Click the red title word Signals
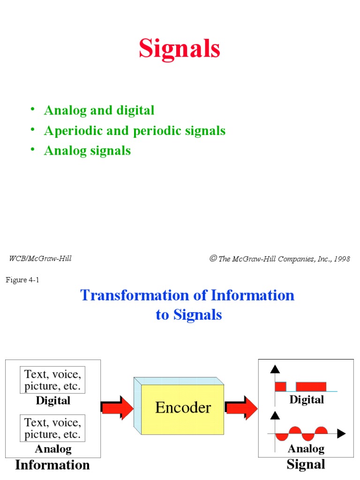tap(180, 49)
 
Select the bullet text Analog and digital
tap(99, 111)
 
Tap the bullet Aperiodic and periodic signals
tap(135, 131)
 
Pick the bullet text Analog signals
tap(87, 150)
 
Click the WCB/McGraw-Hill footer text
tap(40, 258)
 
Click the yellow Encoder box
tap(183, 408)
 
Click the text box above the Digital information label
tap(52, 380)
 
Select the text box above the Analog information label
tap(52, 428)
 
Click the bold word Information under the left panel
tap(52, 465)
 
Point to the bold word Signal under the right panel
tap(306, 465)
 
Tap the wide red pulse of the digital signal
tap(311, 387)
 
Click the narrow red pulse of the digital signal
tap(280, 387)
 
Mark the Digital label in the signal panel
tap(307, 400)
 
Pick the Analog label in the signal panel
tap(306, 449)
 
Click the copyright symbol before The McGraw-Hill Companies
tap(213, 259)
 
